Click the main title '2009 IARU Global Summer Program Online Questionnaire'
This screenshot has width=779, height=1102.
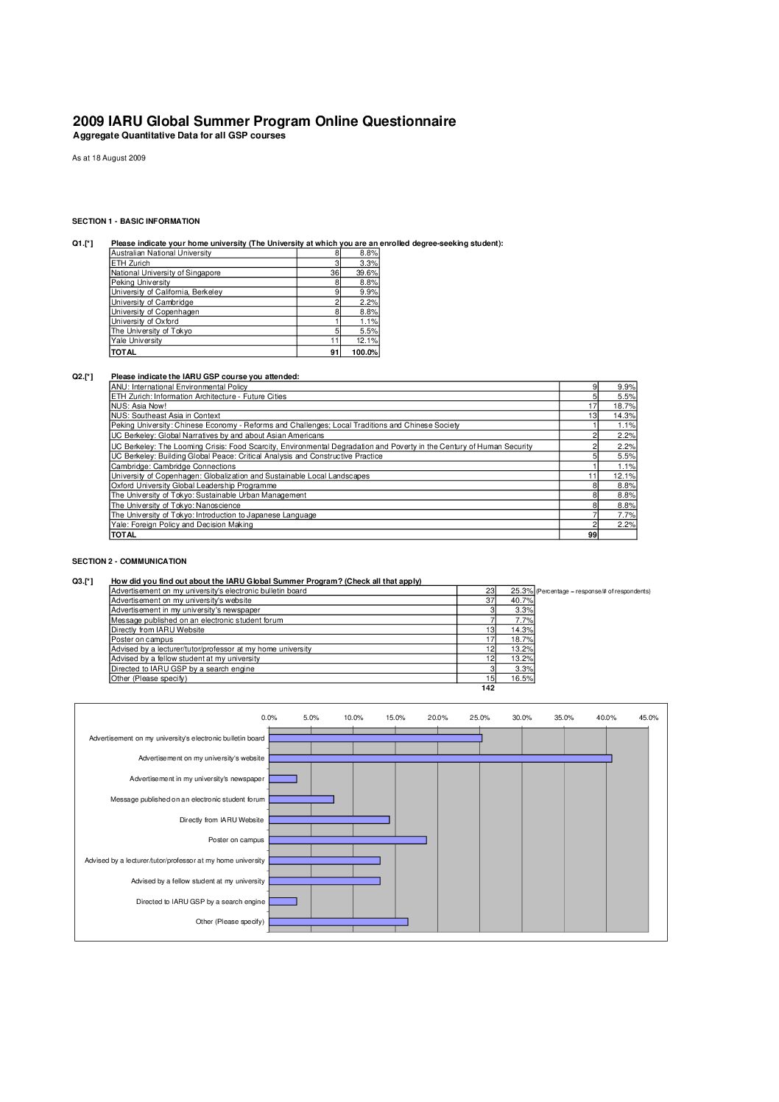pyautogui.click(x=264, y=121)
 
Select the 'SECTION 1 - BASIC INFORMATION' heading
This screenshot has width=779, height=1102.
pyautogui.click(x=135, y=221)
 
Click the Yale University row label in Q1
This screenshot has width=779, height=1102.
pyautogui.click(x=136, y=341)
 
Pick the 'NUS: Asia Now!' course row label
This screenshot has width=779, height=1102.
pyautogui.click(x=138, y=406)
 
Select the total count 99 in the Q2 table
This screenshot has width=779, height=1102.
pyautogui.click(x=593, y=534)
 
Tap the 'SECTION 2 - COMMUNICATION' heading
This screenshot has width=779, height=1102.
pyautogui.click(x=129, y=561)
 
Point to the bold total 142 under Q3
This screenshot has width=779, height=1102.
pyautogui.click(x=487, y=688)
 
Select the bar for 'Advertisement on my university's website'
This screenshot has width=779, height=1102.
pyautogui.click(x=440, y=758)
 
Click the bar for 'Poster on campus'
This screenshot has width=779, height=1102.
pyautogui.click(x=348, y=840)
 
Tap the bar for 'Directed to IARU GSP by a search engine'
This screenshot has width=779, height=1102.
pyautogui.click(x=283, y=901)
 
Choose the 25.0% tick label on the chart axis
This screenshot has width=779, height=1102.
pyautogui.click(x=479, y=718)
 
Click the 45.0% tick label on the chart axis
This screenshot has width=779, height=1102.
pyautogui.click(x=648, y=718)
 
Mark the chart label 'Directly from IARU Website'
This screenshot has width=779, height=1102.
pyautogui.click(x=222, y=819)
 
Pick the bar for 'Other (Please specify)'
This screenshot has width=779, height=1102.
pyautogui.click(x=338, y=922)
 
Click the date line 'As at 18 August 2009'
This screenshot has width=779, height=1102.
pyautogui.click(x=108, y=158)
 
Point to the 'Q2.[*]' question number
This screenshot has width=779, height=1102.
pyautogui.click(x=82, y=376)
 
